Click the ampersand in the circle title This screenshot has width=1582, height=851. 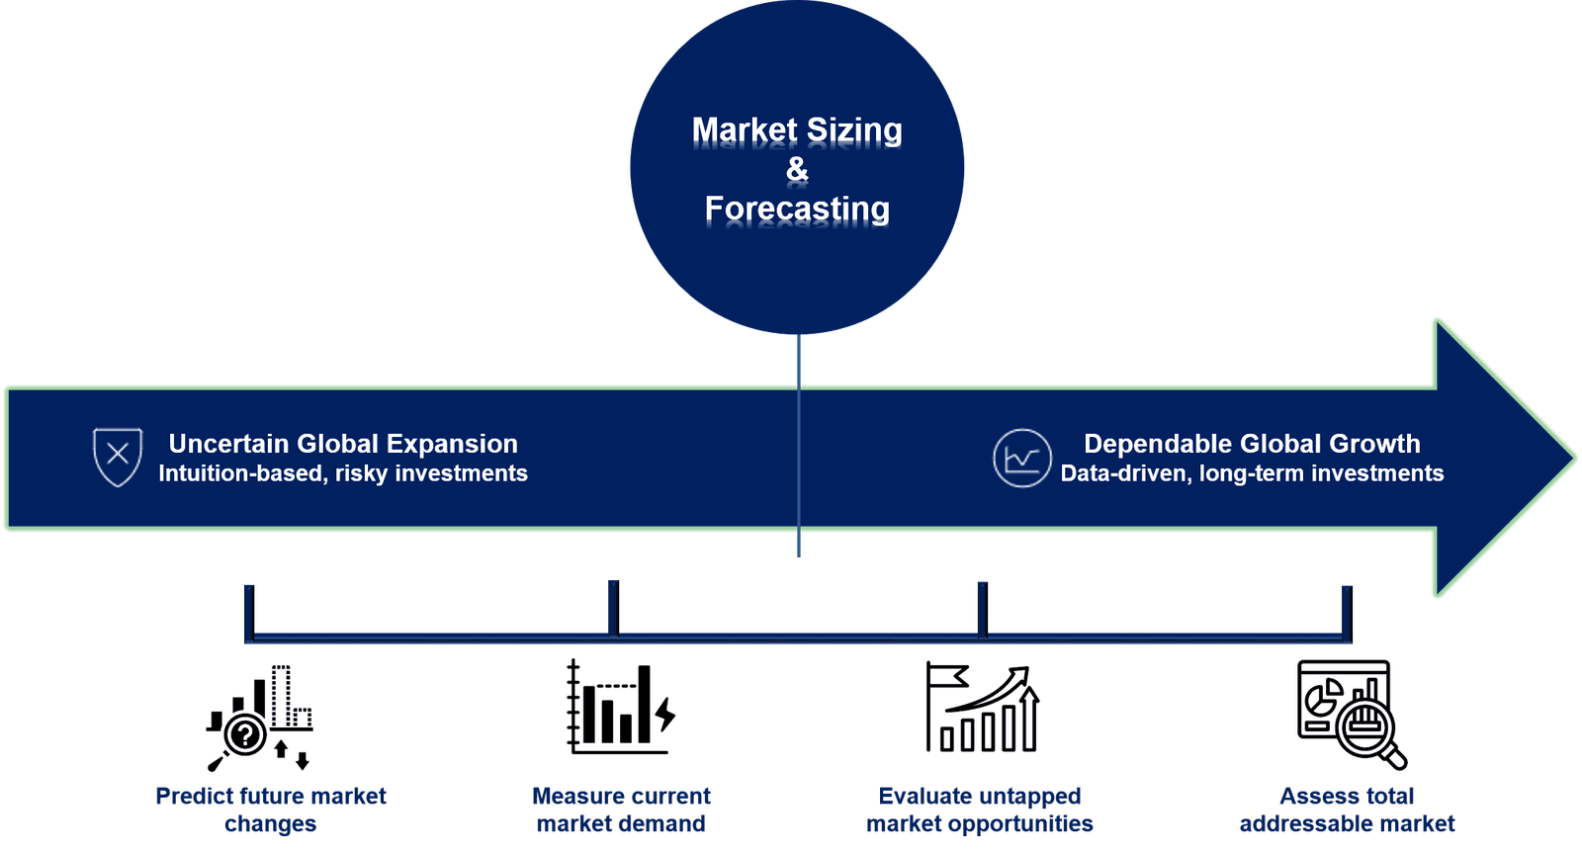(x=797, y=170)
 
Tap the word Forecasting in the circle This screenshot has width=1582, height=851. (x=797, y=210)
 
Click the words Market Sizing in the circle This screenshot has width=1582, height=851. (x=797, y=130)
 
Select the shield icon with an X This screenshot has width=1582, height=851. (x=118, y=456)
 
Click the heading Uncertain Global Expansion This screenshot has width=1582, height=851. (x=343, y=444)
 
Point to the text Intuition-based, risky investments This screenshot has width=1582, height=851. (x=343, y=473)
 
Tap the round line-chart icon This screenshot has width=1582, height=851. (x=1021, y=459)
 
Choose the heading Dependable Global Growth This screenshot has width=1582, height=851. (x=1252, y=444)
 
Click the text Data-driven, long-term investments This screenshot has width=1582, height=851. (x=1252, y=473)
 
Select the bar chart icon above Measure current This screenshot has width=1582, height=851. (x=621, y=707)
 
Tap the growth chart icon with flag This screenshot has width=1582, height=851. (x=983, y=708)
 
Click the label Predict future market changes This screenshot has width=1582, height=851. (x=271, y=809)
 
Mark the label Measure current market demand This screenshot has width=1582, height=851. (x=621, y=809)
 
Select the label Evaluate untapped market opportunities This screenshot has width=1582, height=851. (x=980, y=809)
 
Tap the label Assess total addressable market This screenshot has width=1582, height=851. (x=1347, y=809)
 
